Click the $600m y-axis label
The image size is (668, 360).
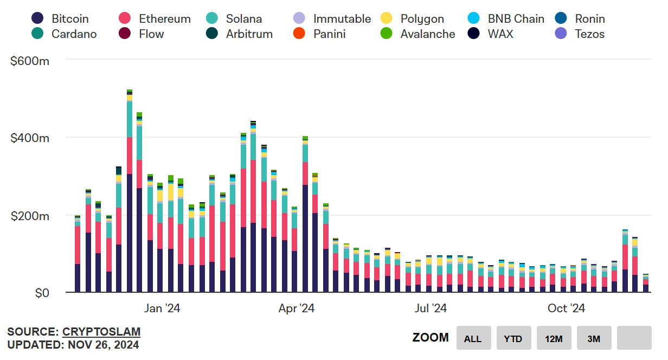(30, 61)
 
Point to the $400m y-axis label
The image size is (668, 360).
(30, 138)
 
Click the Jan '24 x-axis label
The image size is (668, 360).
(162, 308)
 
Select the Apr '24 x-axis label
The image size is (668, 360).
(296, 308)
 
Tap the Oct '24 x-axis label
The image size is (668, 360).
(566, 308)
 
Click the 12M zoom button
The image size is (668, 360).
(554, 338)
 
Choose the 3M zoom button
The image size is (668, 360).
(594, 338)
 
